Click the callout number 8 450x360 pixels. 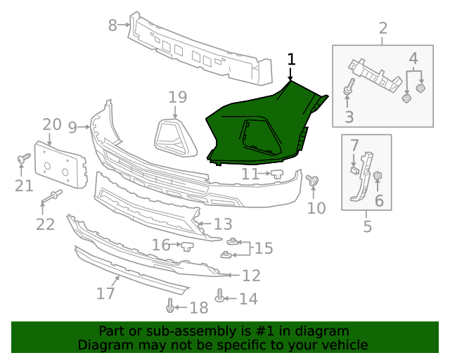click(x=112, y=25)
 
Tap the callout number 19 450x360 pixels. click(x=177, y=97)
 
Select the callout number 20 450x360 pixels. click(x=52, y=124)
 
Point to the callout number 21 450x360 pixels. click(x=25, y=186)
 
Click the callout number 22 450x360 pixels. click(x=45, y=224)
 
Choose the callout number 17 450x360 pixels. click(x=105, y=292)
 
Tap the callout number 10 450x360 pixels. click(x=316, y=207)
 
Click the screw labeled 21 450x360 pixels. click(x=22, y=159)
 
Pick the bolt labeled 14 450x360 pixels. click(x=221, y=298)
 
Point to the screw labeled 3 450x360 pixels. click(x=349, y=90)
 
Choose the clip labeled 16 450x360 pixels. click(x=188, y=245)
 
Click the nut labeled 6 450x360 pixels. click(x=378, y=176)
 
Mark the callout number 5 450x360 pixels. click(x=367, y=226)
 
